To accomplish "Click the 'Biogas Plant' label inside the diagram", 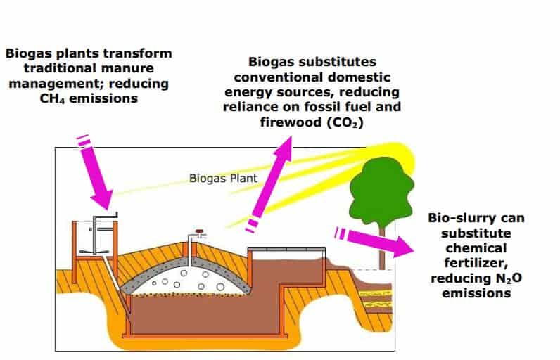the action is click(x=223, y=178).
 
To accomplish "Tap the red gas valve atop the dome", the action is click(x=199, y=232).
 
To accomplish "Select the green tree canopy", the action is click(x=381, y=191).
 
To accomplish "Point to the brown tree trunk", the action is click(x=382, y=248).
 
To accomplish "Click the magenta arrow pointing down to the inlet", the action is click(x=95, y=172).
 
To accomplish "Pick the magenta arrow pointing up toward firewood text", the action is click(x=269, y=184).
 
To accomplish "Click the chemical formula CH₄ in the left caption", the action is click(x=52, y=98).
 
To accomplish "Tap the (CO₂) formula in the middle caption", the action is click(x=345, y=122).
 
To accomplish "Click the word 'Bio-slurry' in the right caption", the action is click(x=457, y=218).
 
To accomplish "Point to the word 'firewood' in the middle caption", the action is click(x=291, y=122).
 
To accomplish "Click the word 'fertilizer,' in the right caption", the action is click(x=476, y=263).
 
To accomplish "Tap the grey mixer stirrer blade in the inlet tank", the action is click(x=94, y=252).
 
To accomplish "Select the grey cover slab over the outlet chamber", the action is click(x=286, y=249).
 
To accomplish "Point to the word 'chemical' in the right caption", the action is click(x=476, y=248).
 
